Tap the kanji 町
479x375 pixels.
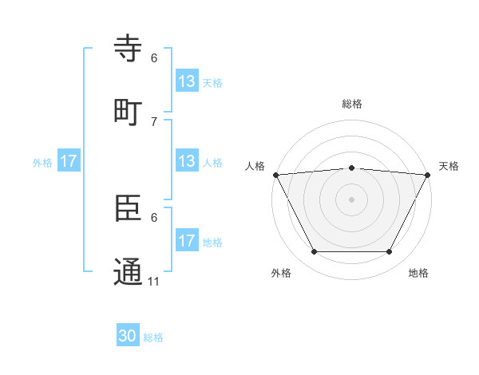pos(129,112)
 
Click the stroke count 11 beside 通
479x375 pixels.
pos(154,281)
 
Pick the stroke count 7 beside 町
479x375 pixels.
pos(154,121)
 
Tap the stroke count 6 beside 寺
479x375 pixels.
pos(154,58)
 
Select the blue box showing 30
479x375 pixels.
pos(128,337)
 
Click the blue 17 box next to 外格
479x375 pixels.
pos(69,161)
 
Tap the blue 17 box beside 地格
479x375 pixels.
pos(187,241)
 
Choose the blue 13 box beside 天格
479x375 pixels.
pos(187,81)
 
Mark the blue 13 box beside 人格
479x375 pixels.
pos(187,161)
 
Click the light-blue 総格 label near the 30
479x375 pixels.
pos(153,337)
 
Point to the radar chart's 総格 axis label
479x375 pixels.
pos(351,104)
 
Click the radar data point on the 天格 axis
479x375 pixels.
pos(427,175)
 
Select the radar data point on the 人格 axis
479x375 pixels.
pos(275,175)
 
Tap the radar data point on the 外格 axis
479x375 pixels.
pos(314,251)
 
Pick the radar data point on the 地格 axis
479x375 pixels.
pos(389,251)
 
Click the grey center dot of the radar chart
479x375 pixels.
pos(351,199)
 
